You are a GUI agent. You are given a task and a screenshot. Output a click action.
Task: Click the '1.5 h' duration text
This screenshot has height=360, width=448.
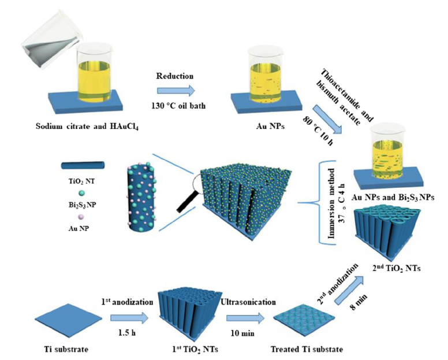pos(130,334)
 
